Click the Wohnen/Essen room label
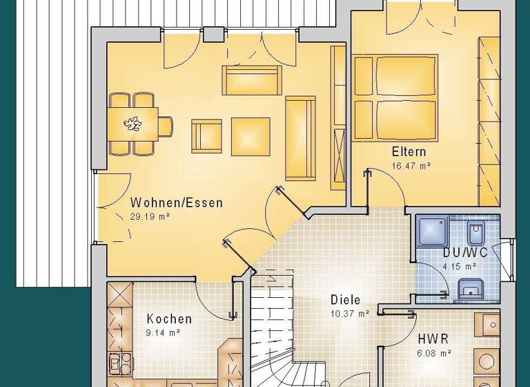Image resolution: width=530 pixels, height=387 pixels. tap(177, 203)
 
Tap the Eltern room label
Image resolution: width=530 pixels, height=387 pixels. tap(409, 152)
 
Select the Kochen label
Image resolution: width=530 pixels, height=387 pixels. tap(169, 319)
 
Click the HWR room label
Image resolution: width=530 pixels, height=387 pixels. tap(433, 339)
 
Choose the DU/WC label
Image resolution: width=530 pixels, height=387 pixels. tap(465, 252)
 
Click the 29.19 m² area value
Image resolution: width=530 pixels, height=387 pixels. tap(150, 216)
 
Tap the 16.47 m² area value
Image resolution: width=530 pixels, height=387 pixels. tap(411, 165)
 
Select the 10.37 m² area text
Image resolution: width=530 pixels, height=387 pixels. tap(349, 313)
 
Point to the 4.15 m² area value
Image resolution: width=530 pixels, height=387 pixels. tap(460, 265)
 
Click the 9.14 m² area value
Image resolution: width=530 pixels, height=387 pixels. tap(164, 332)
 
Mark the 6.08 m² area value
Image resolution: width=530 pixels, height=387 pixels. tap(435, 352)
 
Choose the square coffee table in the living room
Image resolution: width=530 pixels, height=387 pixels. tap(251, 135)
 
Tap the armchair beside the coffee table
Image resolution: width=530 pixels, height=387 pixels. tap(206, 135)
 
